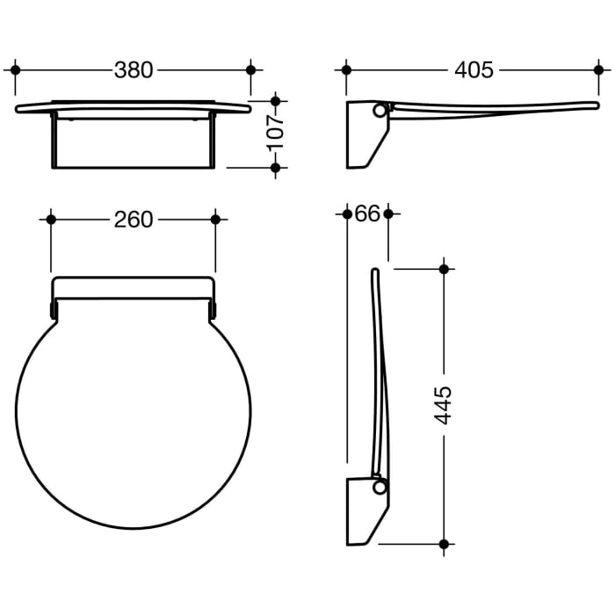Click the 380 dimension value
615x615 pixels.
point(134,70)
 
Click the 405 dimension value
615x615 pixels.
point(474,70)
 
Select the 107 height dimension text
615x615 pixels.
point(276,133)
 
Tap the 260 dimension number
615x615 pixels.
point(134,220)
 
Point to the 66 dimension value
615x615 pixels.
point(367,213)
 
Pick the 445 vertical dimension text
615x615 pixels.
point(444,406)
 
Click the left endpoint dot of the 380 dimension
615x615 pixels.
point(15,70)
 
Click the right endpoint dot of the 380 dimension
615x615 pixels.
point(251,70)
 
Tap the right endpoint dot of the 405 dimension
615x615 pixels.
point(598,70)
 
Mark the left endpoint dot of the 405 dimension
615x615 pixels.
point(346,70)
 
